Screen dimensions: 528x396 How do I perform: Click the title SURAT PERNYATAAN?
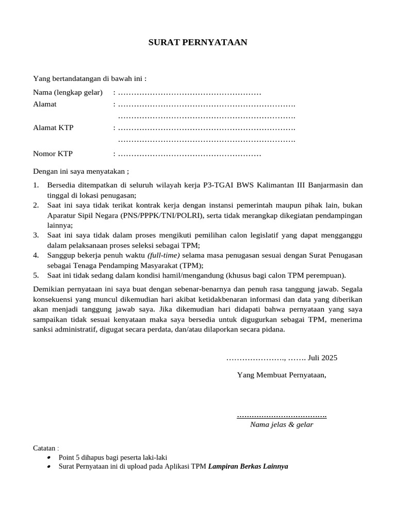[198, 42]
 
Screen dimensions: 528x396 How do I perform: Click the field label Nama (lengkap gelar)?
[67, 93]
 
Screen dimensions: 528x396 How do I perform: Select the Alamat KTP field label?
[53, 127]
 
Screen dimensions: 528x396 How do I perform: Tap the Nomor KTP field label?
[53, 154]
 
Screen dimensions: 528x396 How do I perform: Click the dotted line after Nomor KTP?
[189, 154]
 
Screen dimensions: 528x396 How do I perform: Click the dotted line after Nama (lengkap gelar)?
[189, 93]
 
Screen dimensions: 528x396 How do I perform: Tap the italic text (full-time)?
[163, 255]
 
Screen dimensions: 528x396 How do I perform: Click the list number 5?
[36, 275]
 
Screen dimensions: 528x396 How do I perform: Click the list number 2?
[36, 205]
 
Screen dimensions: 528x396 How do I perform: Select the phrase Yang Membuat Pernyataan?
[282, 374]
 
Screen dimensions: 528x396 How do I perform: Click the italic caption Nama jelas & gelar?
[282, 425]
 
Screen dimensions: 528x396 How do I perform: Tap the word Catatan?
[44, 448]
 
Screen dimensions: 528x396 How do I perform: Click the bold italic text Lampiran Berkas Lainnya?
[248, 466]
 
